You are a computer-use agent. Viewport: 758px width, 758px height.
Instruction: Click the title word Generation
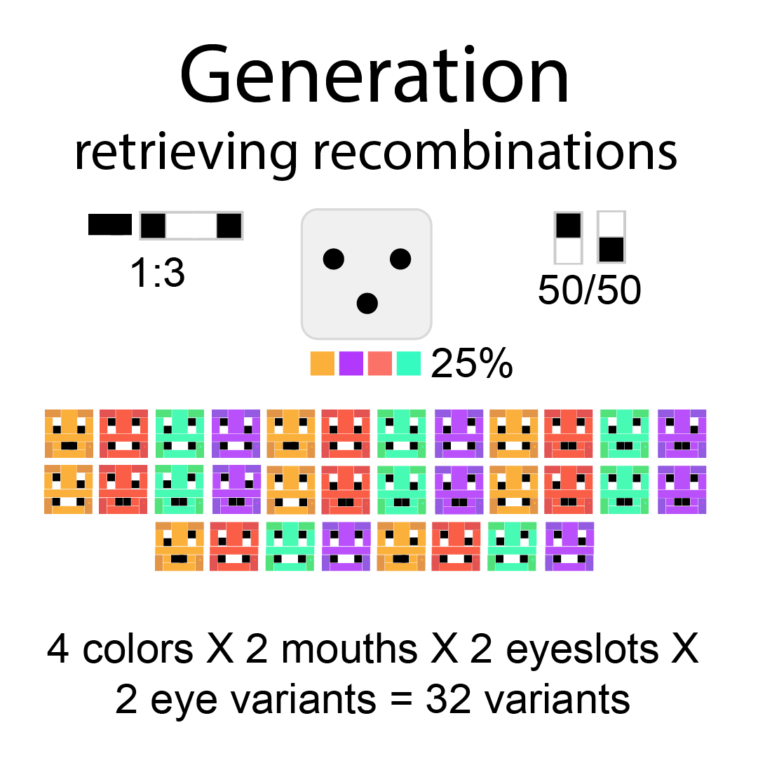375,74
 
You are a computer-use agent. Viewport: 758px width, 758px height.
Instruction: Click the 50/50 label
589,289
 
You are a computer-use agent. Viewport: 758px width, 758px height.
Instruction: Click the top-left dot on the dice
334,259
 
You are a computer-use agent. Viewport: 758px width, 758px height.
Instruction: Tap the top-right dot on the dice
400,259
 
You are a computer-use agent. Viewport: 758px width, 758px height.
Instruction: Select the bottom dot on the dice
367,303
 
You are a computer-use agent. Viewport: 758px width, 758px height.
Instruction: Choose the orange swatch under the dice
323,363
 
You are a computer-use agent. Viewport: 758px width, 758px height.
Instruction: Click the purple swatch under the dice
351,363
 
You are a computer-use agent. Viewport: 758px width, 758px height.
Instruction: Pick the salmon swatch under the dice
379,363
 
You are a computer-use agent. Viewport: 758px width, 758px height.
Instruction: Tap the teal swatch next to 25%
408,363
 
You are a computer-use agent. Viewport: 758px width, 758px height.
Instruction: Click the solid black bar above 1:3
110,225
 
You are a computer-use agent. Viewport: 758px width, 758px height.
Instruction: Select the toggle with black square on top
568,237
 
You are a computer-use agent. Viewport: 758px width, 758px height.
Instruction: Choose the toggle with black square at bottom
610,237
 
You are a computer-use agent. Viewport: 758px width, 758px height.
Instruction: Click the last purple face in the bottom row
569,546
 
